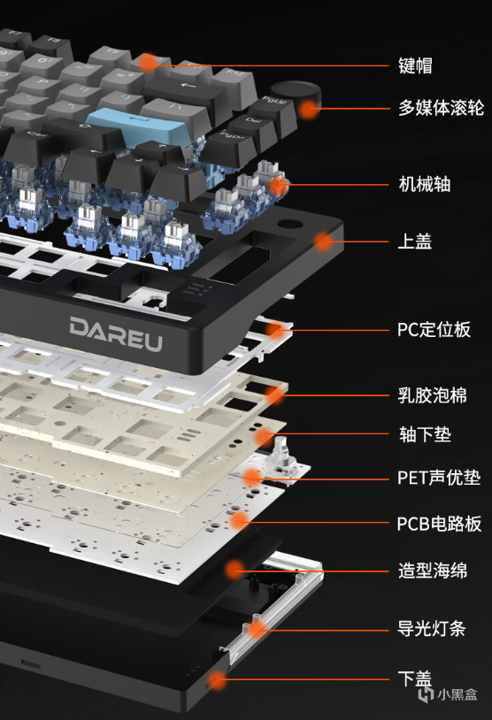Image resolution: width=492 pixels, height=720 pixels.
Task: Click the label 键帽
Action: pos(415,65)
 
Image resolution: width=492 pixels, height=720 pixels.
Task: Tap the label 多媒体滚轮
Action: pos(441,107)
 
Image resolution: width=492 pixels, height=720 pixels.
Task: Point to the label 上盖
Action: pos(414,241)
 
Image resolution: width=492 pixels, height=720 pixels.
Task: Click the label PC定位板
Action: pos(434,330)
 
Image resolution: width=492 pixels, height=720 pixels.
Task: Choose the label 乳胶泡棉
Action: pos(433,395)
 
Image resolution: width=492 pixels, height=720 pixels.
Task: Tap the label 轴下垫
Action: pos(425,434)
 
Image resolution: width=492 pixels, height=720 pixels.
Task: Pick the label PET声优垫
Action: pos(439,478)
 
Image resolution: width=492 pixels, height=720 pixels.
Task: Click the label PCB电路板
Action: pos(439,524)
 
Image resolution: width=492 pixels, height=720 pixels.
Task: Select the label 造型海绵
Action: pos(433,571)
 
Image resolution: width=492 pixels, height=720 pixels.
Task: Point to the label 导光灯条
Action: pos(431,628)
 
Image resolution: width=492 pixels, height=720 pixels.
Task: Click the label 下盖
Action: pos(414,678)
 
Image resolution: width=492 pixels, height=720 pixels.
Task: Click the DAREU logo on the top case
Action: pos(116,333)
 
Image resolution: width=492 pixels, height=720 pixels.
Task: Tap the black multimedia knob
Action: pos(296,98)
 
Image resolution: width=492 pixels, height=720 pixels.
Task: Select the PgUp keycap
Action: pos(273,111)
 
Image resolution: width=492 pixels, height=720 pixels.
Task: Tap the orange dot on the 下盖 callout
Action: pos(217,680)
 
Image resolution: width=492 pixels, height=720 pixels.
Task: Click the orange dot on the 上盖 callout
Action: pos(324,241)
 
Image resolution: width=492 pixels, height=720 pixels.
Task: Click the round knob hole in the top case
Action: pos(289,225)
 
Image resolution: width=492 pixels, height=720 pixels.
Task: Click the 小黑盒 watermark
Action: pos(448,693)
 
